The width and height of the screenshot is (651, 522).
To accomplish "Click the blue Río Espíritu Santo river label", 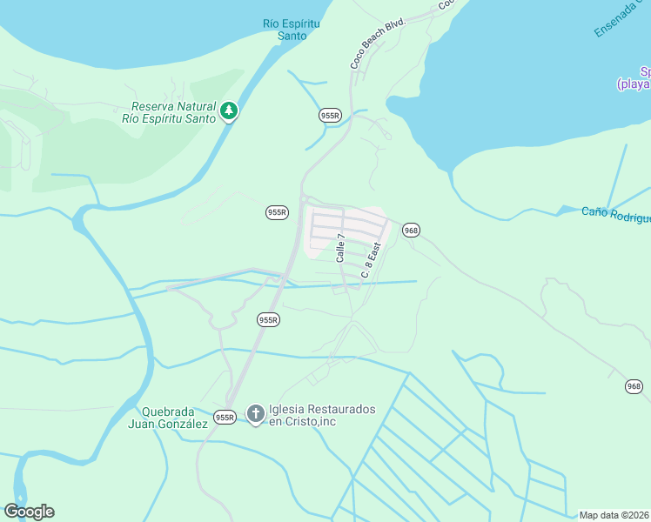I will tap(292, 30).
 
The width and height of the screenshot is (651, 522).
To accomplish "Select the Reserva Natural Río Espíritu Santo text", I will tap(169, 112).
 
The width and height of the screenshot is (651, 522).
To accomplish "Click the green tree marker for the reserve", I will tap(229, 110).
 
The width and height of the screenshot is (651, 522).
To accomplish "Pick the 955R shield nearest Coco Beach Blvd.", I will tap(330, 115).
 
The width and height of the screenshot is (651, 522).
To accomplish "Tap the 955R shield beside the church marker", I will tap(225, 418).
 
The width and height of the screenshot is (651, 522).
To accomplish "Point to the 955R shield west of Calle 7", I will tap(277, 212).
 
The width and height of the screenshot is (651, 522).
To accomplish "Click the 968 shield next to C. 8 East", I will tap(411, 230).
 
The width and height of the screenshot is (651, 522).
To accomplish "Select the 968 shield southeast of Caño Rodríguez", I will tap(634, 386).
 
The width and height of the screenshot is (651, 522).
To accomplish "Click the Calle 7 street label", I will tap(341, 248).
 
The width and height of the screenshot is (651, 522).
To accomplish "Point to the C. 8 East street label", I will tap(372, 259).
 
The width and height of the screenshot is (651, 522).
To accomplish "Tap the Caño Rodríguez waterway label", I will tap(615, 212).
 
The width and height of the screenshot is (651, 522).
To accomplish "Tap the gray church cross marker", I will tap(255, 415).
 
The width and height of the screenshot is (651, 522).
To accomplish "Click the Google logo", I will tap(29, 512).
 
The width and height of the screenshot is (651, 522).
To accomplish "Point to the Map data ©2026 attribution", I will tap(614, 515).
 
